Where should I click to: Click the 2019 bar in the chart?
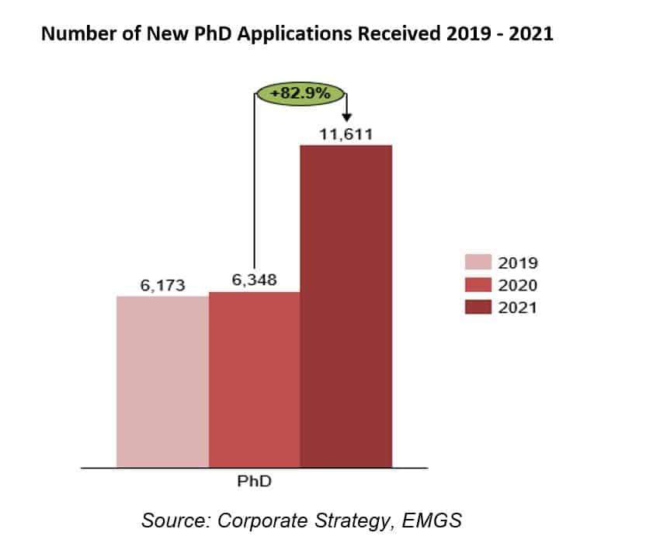(x=162, y=381)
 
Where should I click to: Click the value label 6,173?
(x=163, y=286)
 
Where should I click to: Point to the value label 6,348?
(x=255, y=281)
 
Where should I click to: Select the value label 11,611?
(x=346, y=134)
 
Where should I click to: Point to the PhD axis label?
(x=254, y=482)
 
